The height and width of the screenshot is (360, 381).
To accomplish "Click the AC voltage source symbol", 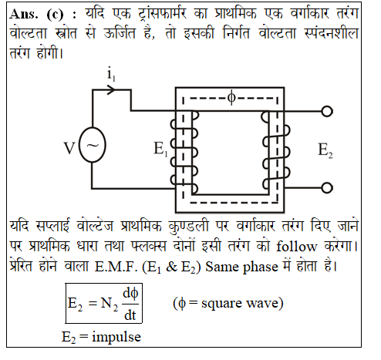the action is point(92,145).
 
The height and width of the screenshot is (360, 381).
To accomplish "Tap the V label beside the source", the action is point(69,149).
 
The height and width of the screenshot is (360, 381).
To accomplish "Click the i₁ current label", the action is point(111,74).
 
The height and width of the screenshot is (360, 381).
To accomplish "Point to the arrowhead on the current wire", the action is point(111,90).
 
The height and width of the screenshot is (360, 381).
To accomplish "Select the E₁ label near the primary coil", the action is point(160,149).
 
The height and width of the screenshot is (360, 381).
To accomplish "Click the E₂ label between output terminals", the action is point(325,150).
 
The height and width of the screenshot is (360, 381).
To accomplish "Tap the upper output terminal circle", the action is point(327,112).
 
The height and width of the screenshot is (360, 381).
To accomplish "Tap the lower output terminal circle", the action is point(327,188).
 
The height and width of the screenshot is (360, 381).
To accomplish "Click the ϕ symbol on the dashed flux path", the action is point(231,98).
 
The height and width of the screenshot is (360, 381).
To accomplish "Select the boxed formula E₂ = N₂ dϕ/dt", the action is point(103,303).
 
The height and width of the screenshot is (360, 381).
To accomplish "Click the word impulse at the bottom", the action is point(116,337).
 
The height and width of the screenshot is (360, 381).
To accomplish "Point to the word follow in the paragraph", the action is point(296,247).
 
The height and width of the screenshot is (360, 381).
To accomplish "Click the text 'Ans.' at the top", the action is point(24,14).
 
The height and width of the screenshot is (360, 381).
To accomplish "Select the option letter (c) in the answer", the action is point(55,15).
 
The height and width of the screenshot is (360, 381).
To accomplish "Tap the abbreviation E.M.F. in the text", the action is point(116,267).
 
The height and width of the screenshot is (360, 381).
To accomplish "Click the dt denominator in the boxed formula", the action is point(130,315).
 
